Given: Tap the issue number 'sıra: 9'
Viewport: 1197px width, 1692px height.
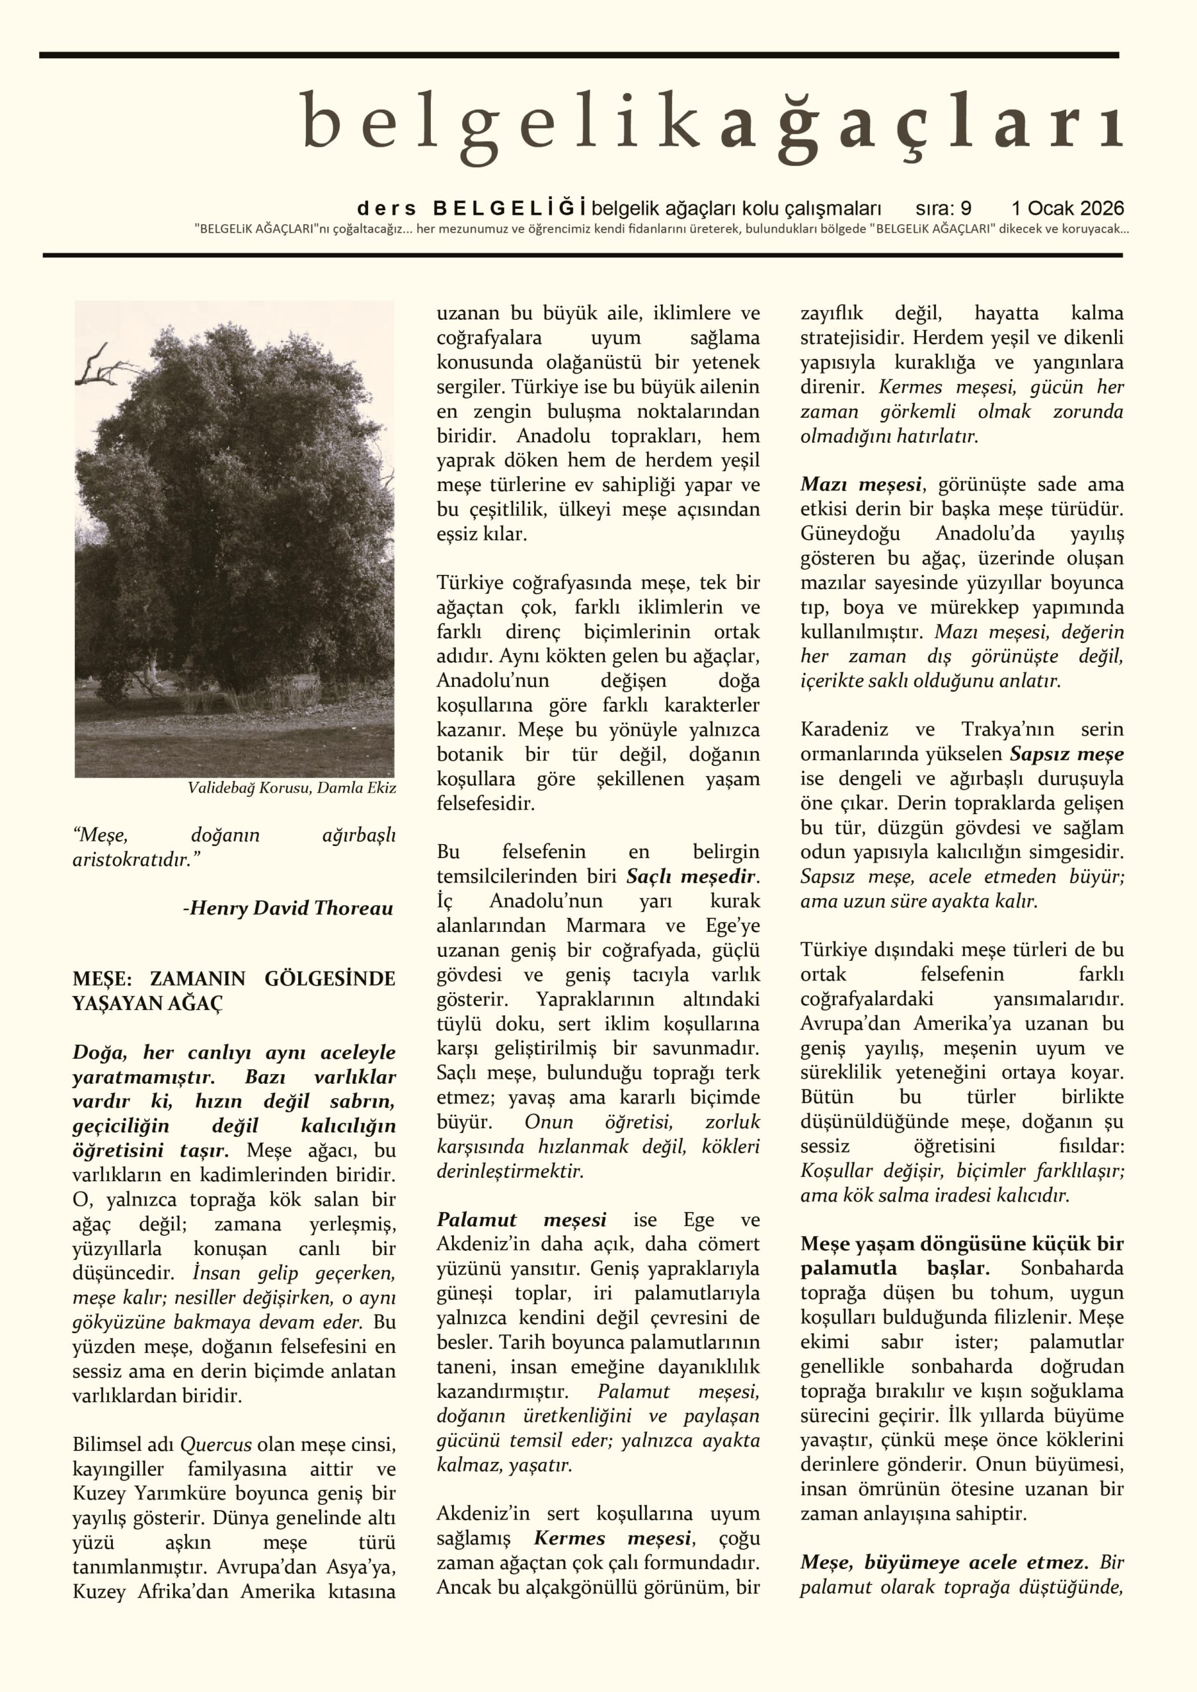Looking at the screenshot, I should pyautogui.click(x=943, y=209).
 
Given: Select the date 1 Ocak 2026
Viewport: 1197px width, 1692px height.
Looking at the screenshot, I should pyautogui.click(x=1067, y=209).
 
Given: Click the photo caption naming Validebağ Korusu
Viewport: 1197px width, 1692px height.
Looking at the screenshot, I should pyautogui.click(x=291, y=788).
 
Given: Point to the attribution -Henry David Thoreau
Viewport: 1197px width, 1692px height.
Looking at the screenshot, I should pyautogui.click(x=288, y=908).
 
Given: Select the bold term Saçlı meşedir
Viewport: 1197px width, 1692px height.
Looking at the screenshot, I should pyautogui.click(x=692, y=877).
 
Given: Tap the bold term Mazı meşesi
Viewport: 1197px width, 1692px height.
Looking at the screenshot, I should pyautogui.click(x=861, y=485).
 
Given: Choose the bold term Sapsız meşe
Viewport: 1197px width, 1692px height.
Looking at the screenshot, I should pyautogui.click(x=1067, y=755).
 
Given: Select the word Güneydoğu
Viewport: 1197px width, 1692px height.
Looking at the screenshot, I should pyautogui.click(x=850, y=533).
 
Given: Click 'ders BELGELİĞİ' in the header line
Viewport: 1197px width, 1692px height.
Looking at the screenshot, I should pyautogui.click(x=472, y=209).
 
